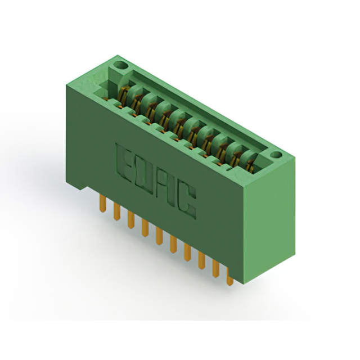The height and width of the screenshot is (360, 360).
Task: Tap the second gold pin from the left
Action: (117, 211)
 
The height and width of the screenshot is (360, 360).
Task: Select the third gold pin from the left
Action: (131, 220)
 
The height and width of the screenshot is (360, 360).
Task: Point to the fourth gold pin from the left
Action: (145, 228)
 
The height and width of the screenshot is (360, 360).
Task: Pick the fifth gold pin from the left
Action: (159, 236)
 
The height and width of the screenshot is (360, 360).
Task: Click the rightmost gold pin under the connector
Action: (229, 276)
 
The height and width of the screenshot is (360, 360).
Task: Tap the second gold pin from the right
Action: (215, 268)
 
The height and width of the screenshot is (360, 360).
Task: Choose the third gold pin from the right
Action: (202, 260)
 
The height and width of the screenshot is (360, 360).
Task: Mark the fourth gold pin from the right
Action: (187, 252)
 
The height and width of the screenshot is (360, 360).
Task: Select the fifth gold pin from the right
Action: (173, 244)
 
